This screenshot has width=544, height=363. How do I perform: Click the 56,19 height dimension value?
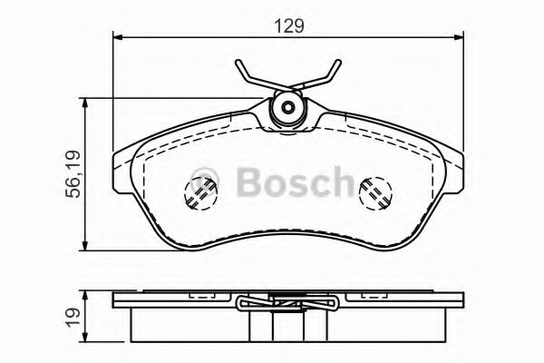point(72,172)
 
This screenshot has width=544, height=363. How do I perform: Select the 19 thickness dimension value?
point(72,319)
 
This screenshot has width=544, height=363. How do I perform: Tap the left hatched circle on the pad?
point(199,192)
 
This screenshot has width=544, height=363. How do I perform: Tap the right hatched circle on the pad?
point(374,192)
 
